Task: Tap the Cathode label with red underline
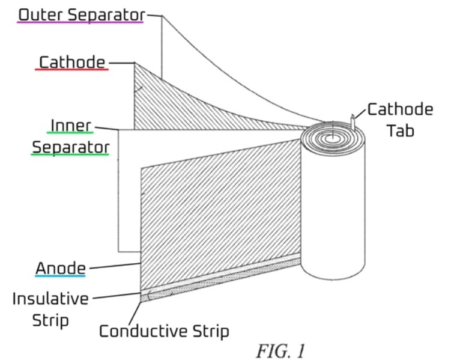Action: [x=72, y=62]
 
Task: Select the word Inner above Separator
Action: [x=70, y=125]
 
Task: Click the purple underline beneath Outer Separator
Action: [x=81, y=22]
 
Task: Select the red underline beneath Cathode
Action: [x=72, y=70]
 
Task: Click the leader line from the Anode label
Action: [x=114, y=266]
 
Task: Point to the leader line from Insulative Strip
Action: [x=117, y=296]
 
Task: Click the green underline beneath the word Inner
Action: [x=70, y=133]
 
